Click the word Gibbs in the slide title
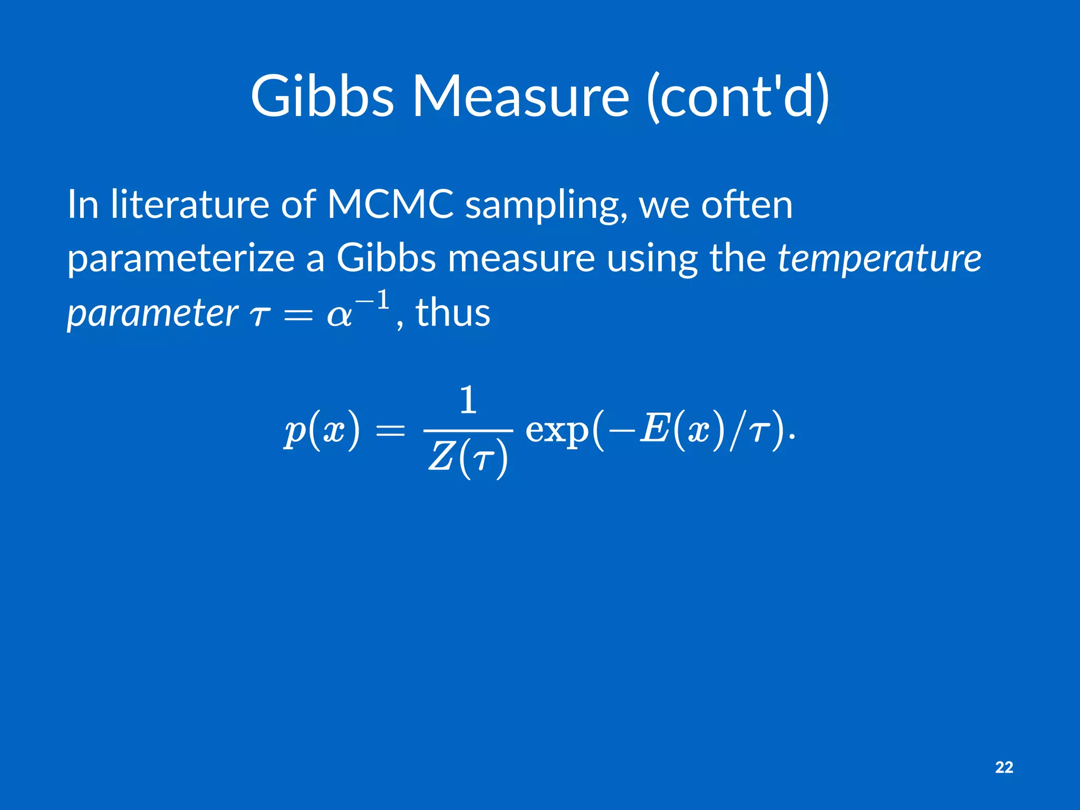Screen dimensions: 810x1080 coord(322,96)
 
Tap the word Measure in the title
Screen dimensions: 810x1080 coord(520,96)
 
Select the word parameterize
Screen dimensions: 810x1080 coord(181,259)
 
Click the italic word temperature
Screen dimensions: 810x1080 coord(879,259)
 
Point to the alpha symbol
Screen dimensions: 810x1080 coord(339,316)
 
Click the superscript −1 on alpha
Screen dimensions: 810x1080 coord(373,301)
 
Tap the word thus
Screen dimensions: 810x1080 coord(453,313)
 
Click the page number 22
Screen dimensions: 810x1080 coord(1004,767)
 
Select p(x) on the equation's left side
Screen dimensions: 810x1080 coord(322,430)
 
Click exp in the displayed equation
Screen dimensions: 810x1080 coord(557,430)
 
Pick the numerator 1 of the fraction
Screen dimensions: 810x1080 coord(468,401)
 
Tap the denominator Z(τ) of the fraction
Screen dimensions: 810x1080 coord(468,457)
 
